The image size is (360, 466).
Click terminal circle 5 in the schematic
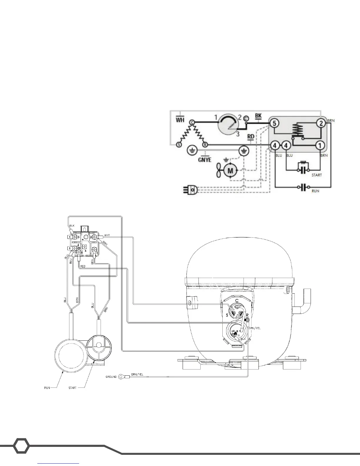[274, 123]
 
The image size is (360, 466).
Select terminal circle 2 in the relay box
[321, 123]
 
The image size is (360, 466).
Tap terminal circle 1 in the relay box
[320, 145]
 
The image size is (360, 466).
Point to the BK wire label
[258, 116]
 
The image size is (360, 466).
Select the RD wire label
[251, 137]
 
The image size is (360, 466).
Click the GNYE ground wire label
[204, 159]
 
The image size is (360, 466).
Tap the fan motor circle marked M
[231, 170]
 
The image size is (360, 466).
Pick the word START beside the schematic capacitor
[316, 175]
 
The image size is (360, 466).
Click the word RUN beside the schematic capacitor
[315, 191]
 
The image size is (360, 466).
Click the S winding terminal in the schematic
[178, 145]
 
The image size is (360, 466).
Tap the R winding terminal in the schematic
[205, 145]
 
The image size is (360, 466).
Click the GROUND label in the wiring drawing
[111, 377]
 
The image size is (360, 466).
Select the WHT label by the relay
[107, 235]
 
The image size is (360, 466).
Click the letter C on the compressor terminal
[237, 300]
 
